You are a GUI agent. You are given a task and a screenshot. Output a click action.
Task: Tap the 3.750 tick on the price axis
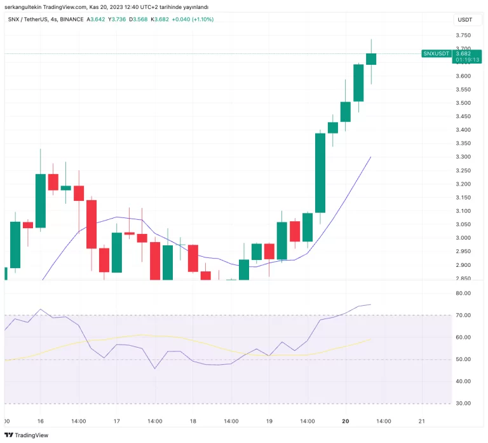(463, 36)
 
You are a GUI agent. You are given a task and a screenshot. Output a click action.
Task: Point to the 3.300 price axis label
(463, 157)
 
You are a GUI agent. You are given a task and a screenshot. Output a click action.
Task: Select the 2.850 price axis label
(463, 278)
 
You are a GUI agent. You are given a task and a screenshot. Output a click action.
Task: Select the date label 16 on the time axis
(40, 421)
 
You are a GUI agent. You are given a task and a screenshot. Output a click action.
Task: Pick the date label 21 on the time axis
(421, 421)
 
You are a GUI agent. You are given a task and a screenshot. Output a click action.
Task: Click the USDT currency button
(464, 20)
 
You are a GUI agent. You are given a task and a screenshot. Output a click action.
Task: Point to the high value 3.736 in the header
(118, 19)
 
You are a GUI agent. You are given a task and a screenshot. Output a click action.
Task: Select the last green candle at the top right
(371, 59)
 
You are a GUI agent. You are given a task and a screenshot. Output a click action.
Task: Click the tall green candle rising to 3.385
(320, 173)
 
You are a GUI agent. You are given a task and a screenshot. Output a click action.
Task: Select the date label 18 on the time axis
(193, 421)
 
